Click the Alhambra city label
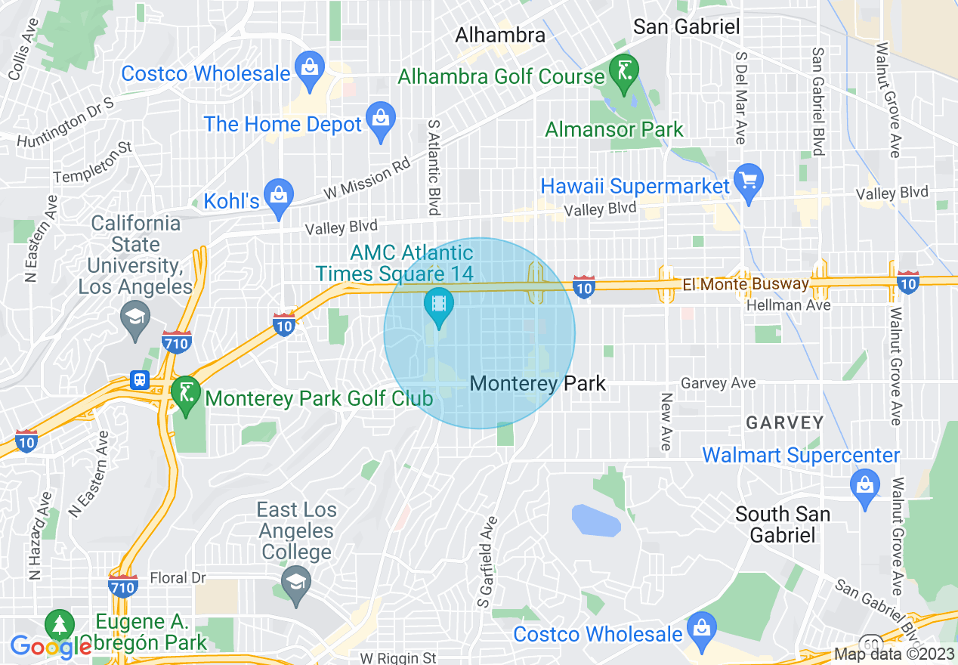(x=500, y=36)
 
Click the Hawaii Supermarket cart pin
(x=749, y=181)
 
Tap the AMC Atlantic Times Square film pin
(x=437, y=305)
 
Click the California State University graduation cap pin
(x=137, y=317)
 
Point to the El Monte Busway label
(x=745, y=285)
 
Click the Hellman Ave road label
(x=788, y=305)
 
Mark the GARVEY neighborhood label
(x=784, y=422)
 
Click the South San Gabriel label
(x=782, y=524)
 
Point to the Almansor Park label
(x=613, y=130)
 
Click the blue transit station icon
(x=140, y=379)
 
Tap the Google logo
(x=50, y=647)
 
